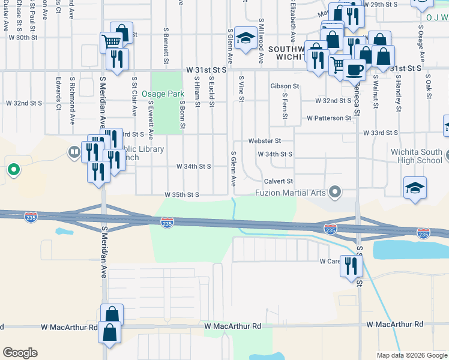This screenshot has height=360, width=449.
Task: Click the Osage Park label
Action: click(x=163, y=94)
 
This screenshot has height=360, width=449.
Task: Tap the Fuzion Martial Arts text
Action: click(x=290, y=193)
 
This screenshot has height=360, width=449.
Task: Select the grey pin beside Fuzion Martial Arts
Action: click(x=335, y=193)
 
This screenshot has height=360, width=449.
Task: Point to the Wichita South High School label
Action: click(x=416, y=157)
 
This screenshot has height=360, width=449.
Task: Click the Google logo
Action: click(x=20, y=353)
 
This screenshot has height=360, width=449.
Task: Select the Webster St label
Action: click(x=265, y=141)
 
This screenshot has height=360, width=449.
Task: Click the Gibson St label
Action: click(x=285, y=86)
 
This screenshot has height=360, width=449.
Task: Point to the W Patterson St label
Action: click(x=328, y=118)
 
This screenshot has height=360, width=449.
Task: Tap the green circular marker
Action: click(x=13, y=170)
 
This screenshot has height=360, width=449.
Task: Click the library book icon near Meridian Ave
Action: click(x=75, y=152)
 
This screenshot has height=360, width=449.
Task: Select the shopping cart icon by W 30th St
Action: click(x=111, y=42)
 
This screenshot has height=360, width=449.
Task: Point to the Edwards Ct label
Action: click(x=58, y=89)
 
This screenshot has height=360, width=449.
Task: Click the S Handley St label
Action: click(x=398, y=94)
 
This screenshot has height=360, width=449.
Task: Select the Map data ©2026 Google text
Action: click(x=412, y=355)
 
